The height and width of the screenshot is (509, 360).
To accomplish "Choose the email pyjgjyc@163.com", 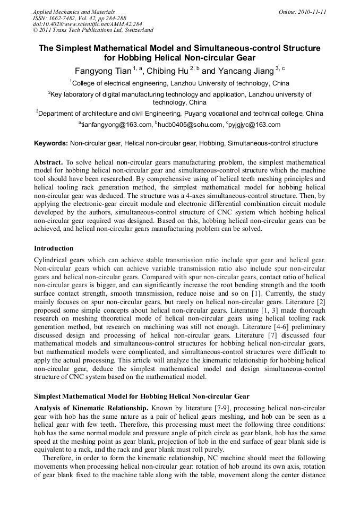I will tap(254, 125).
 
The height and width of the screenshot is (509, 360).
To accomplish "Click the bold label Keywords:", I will tap(51, 143).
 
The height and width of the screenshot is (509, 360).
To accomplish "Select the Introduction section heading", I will tap(54, 248).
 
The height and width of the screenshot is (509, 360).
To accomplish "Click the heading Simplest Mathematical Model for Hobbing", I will tap(141, 396).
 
